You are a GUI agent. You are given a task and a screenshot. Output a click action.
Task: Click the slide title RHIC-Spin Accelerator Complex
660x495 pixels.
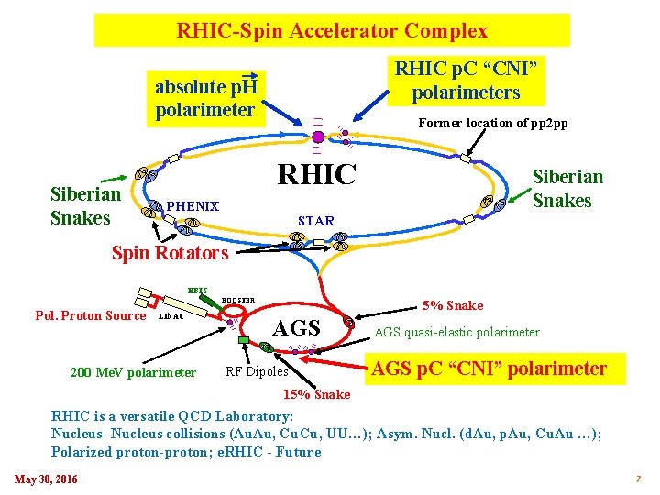point(332,31)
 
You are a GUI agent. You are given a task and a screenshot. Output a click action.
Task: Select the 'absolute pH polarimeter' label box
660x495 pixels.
point(205,99)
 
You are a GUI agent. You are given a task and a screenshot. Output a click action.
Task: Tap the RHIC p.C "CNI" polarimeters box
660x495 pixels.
point(466,80)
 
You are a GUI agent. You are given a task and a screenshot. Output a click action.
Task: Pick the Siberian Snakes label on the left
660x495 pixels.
point(86,206)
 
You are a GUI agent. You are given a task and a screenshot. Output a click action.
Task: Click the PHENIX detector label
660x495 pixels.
point(192,207)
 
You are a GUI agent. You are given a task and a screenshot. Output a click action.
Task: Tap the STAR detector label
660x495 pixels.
point(316,220)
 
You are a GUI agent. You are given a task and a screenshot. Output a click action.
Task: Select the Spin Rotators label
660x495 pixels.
point(170,253)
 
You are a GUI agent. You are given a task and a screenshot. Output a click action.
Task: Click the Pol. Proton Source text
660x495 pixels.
point(90,316)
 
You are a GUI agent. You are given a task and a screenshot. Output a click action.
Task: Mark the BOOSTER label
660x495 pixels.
point(238,300)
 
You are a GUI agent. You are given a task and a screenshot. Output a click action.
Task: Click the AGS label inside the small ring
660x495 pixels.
point(298,328)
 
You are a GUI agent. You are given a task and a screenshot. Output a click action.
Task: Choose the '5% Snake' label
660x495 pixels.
point(453,305)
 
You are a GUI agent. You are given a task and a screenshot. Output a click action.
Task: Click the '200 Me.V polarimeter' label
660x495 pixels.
point(133,372)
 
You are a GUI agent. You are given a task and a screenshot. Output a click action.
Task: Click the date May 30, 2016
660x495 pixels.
point(46,479)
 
